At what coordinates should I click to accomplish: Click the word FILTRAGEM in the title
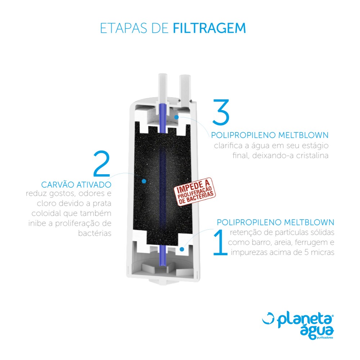209,28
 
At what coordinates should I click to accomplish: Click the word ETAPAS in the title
123,28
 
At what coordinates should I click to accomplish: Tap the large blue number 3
221,112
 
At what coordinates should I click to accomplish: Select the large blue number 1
220,242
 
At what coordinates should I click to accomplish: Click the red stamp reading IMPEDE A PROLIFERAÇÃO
195,192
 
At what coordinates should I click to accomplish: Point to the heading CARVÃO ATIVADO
76,185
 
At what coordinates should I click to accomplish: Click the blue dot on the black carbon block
144,181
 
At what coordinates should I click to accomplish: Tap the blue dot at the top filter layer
176,117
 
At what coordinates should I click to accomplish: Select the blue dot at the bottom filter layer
182,249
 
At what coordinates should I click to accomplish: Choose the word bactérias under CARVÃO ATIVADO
95,233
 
